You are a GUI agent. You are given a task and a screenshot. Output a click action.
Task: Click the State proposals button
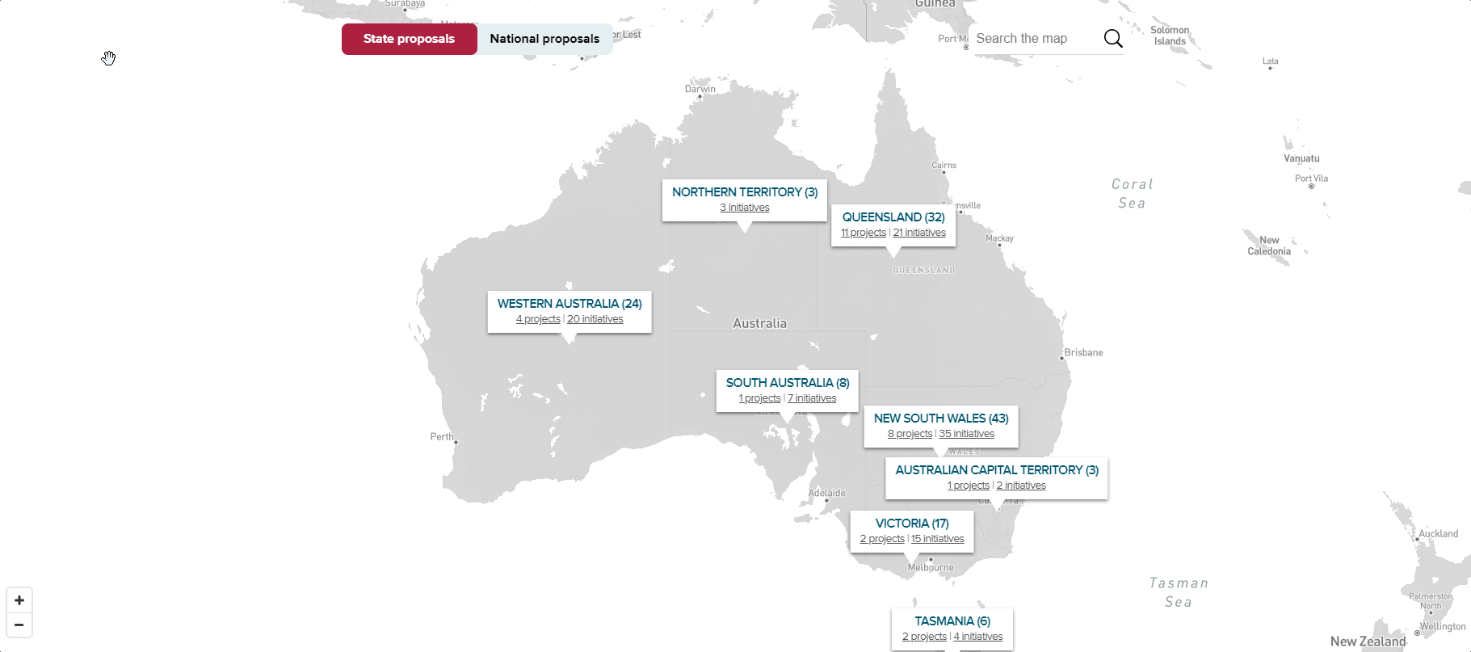pyautogui.click(x=409, y=39)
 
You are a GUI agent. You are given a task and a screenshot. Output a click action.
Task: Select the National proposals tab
pyautogui.click(x=544, y=39)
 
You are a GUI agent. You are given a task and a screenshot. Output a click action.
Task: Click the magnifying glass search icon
pyautogui.click(x=1112, y=39)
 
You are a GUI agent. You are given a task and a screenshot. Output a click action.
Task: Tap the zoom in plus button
pyautogui.click(x=19, y=600)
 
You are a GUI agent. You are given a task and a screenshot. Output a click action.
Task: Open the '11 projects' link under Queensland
pyautogui.click(x=863, y=233)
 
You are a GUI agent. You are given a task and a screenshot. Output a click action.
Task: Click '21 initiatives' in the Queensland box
pyautogui.click(x=919, y=233)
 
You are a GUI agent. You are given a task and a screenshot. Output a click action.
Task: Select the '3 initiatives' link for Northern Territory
pyautogui.click(x=745, y=208)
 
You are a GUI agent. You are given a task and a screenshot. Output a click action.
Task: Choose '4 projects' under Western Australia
pyautogui.click(x=538, y=319)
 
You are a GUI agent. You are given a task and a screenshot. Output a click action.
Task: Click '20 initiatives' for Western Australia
pyautogui.click(x=595, y=319)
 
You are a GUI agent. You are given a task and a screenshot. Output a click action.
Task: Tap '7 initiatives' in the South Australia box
pyautogui.click(x=812, y=398)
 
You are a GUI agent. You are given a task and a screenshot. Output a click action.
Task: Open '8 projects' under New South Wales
pyautogui.click(x=910, y=434)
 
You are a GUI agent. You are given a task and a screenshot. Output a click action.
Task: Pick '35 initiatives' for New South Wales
pyautogui.click(x=967, y=434)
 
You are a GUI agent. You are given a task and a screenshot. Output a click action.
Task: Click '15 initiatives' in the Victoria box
pyautogui.click(x=938, y=539)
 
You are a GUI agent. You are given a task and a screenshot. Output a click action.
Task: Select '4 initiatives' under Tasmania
pyautogui.click(x=978, y=637)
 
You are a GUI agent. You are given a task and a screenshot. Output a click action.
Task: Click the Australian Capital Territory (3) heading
pyautogui.click(x=997, y=470)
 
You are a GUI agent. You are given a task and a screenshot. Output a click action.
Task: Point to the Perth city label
pyautogui.click(x=442, y=437)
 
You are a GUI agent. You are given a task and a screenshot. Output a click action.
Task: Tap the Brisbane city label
pyautogui.click(x=1083, y=352)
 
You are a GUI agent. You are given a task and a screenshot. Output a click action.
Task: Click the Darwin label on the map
pyautogui.click(x=700, y=89)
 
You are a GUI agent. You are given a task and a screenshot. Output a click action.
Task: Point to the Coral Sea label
pyautogui.click(x=1132, y=194)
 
